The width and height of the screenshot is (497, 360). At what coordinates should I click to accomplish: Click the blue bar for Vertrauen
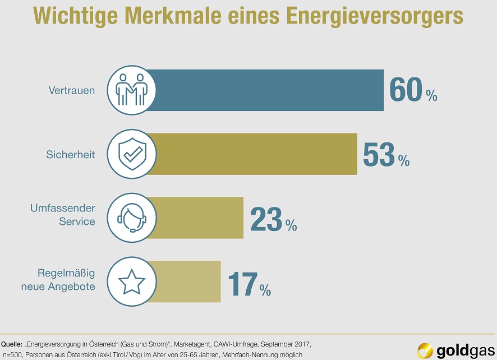point(269,90)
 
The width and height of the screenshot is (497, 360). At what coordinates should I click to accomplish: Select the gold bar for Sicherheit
point(255,154)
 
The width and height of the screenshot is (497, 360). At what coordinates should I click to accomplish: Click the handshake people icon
point(131,90)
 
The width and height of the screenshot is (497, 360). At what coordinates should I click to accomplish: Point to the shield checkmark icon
point(131,154)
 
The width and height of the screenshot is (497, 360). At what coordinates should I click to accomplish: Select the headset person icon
point(131,218)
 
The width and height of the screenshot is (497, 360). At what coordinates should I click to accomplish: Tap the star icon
point(131,281)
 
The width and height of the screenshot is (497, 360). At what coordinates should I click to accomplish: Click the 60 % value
point(413,90)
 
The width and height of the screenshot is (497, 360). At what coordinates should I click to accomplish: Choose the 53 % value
point(386,154)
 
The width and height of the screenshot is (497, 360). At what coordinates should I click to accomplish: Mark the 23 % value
point(273,219)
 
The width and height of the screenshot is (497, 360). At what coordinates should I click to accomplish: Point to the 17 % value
point(249,283)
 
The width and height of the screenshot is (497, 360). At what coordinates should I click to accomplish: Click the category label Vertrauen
point(72,90)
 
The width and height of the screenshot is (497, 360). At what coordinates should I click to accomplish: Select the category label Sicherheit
point(71,154)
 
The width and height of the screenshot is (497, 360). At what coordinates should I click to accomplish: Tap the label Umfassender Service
point(63,215)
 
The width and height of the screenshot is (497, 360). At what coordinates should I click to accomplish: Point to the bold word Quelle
point(12,343)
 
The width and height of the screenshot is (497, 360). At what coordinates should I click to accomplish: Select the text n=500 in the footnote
point(11,355)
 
